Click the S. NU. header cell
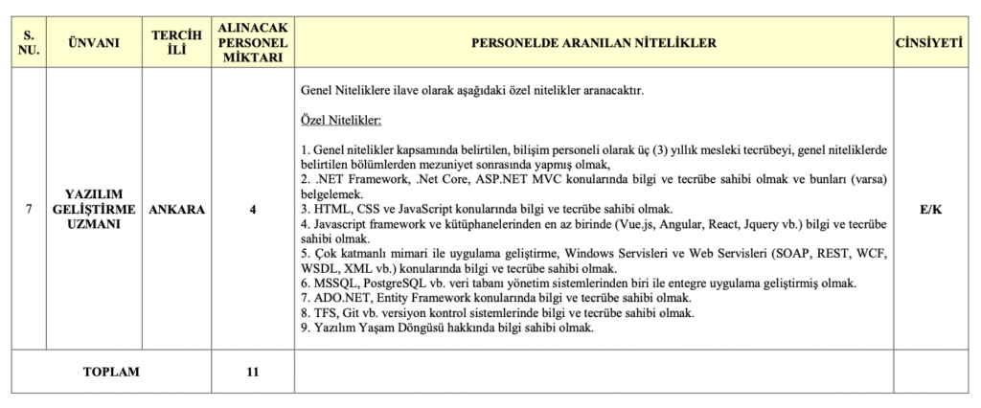pos(29,43)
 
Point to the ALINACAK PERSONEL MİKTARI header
pos(252,43)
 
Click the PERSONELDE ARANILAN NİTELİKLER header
pos(593,43)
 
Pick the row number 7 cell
pos(29,211)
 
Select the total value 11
pos(252,372)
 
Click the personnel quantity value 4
pos(252,211)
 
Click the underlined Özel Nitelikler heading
pos(341,122)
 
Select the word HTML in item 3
pos(331,209)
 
